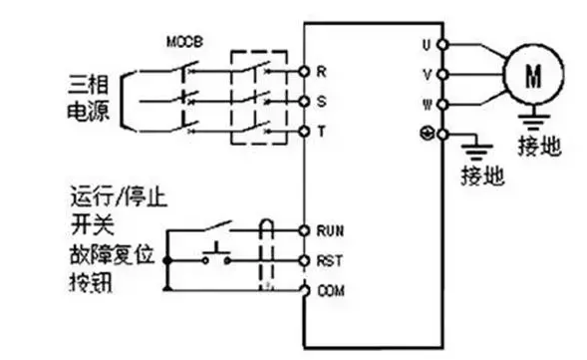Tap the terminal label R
(x=321, y=72)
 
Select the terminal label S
(x=321, y=102)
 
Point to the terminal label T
(x=321, y=131)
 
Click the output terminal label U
(x=426, y=45)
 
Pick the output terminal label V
(x=426, y=74)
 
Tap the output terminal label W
(x=426, y=104)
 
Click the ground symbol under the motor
(x=538, y=122)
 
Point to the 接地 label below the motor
(x=539, y=149)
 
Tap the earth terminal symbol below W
(x=427, y=133)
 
